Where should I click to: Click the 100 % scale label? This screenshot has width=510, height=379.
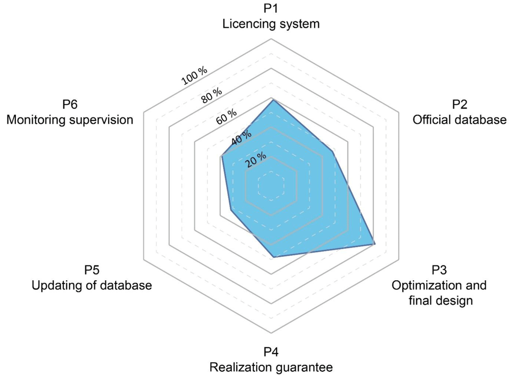(x=194, y=76)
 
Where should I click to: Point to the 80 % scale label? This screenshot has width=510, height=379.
(x=212, y=95)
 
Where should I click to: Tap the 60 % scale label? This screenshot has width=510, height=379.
(x=226, y=117)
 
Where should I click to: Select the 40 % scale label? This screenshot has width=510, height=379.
(x=241, y=138)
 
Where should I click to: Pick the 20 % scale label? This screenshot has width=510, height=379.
(x=256, y=159)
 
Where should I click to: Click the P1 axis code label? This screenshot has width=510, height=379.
(x=271, y=9)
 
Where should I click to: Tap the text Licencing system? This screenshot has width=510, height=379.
(x=271, y=24)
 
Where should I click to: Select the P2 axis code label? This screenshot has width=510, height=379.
(x=460, y=104)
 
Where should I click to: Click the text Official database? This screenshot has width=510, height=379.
(x=460, y=120)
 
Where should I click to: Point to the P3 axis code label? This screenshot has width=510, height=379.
(x=439, y=270)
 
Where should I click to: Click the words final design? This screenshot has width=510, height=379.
(x=441, y=301)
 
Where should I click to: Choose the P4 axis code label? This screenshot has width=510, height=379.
(x=271, y=351)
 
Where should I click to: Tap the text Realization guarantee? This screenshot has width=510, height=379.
(x=271, y=367)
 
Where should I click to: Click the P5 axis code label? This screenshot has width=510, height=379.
(x=92, y=270)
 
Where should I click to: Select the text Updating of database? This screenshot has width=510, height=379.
(x=92, y=285)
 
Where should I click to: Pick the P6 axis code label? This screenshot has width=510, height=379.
(x=70, y=104)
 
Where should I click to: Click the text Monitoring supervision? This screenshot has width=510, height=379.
(x=70, y=120)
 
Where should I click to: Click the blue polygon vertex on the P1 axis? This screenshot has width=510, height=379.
(x=272, y=101)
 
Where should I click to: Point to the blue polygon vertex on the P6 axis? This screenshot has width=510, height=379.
(x=221, y=157)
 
